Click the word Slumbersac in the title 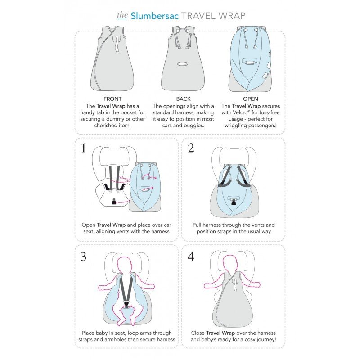154,16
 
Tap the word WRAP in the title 232,16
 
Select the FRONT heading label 112,99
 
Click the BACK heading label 184,99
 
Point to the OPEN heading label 251,99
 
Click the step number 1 84,148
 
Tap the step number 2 191,148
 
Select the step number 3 84,256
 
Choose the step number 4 191,256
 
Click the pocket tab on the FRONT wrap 117,43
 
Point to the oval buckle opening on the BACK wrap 183,63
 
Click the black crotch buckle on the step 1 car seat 113,201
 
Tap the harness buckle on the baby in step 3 126,304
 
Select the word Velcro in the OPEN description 241,112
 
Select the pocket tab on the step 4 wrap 234,285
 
